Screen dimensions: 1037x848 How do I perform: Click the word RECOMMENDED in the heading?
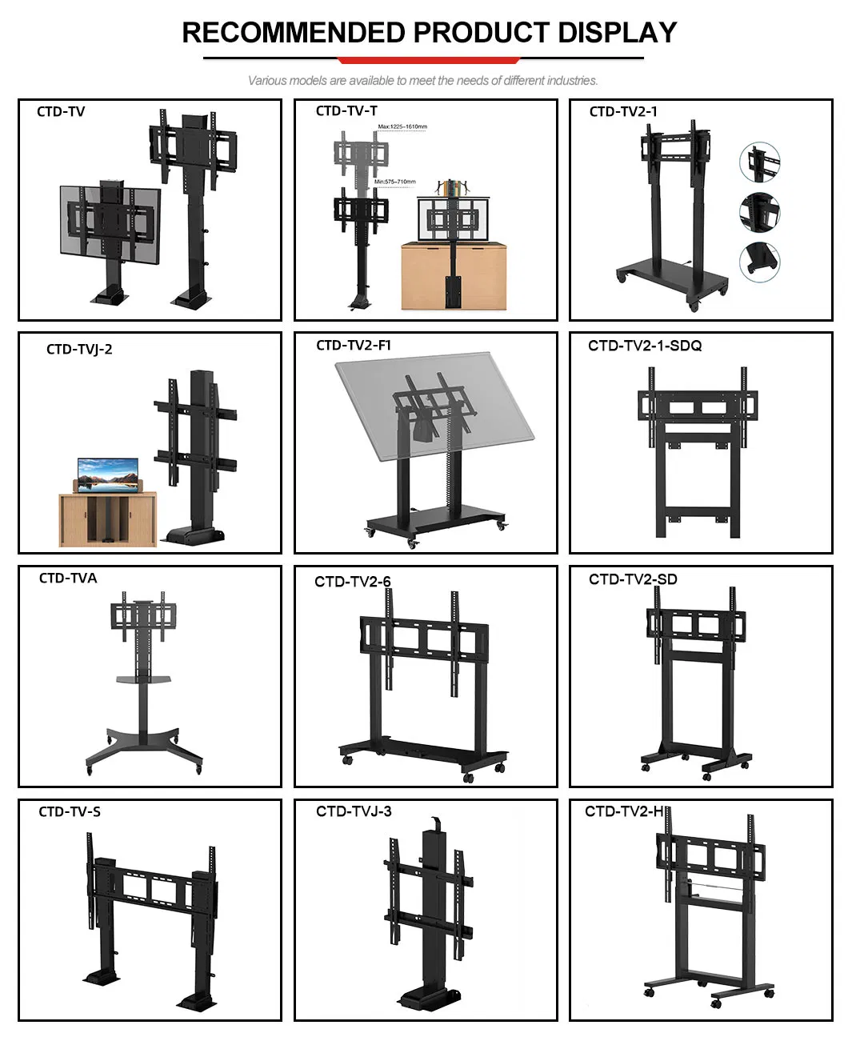(x=294, y=33)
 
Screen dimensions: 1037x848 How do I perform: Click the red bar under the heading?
(x=429, y=60)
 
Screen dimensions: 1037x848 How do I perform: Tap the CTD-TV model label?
(x=61, y=112)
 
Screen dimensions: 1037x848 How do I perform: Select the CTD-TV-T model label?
(x=346, y=111)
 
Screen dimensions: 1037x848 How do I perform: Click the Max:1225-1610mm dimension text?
(x=402, y=127)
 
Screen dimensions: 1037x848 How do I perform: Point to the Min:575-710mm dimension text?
(x=395, y=182)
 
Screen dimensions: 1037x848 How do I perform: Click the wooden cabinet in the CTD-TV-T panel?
(x=453, y=276)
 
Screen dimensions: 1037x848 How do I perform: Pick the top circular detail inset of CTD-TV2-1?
(x=759, y=163)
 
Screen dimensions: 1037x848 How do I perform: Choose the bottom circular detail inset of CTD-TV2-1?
(x=759, y=261)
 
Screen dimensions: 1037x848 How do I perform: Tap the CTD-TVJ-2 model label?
(x=79, y=349)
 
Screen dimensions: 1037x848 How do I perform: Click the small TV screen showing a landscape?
(x=107, y=473)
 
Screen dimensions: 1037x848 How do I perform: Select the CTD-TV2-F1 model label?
(x=354, y=346)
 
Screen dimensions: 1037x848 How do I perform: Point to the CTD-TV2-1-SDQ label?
(x=645, y=346)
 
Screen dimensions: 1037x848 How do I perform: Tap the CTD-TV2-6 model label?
(x=353, y=582)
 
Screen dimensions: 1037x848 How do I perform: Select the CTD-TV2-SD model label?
(x=633, y=579)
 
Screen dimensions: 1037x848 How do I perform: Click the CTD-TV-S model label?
(x=70, y=812)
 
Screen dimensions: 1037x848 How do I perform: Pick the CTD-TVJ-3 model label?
(x=354, y=811)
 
